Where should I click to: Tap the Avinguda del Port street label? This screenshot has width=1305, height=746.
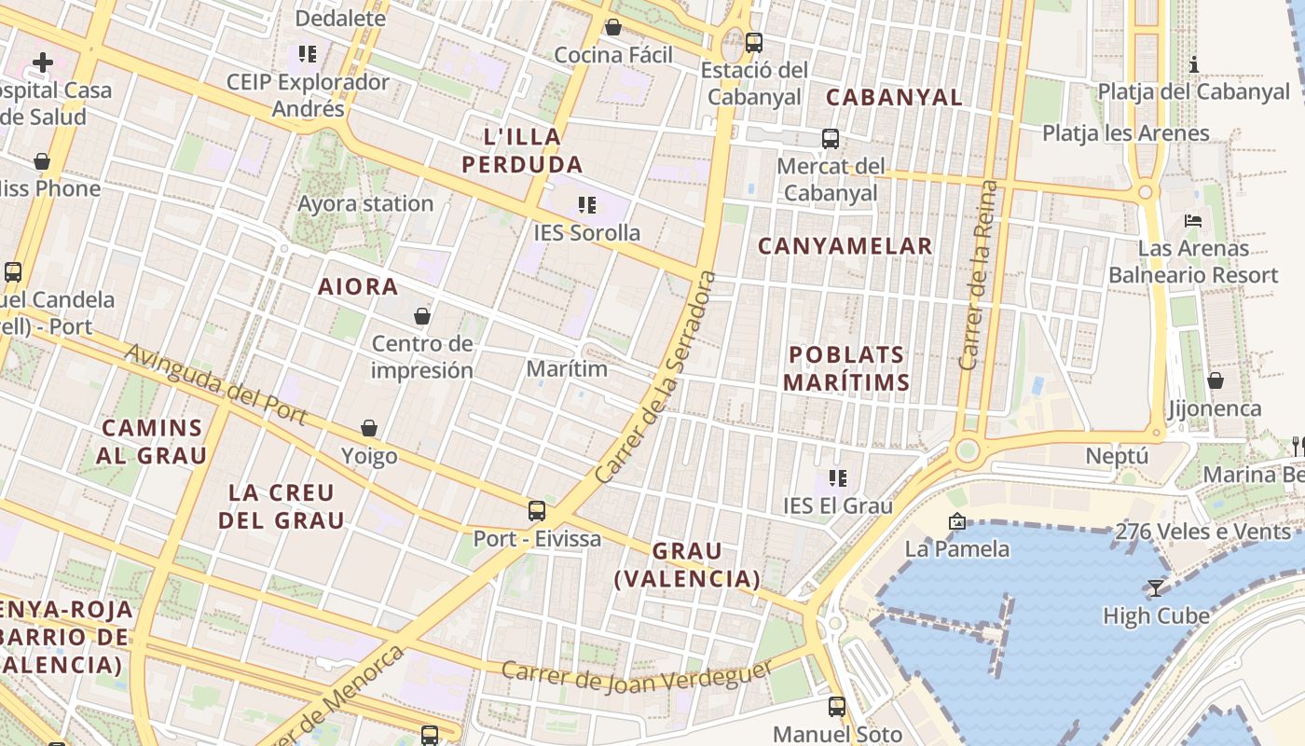(x=215, y=384)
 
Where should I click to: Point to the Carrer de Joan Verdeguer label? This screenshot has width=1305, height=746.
(x=638, y=676)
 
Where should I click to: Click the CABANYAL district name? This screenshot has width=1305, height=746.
(x=894, y=97)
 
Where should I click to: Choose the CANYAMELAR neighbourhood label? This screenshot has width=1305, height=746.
(x=845, y=246)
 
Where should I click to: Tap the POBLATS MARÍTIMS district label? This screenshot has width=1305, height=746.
(x=846, y=368)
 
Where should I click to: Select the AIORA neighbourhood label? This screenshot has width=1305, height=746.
(x=358, y=286)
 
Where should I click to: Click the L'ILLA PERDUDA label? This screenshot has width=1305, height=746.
(x=522, y=151)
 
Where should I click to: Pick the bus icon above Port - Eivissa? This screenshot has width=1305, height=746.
(x=537, y=510)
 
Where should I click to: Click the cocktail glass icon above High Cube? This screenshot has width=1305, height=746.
(x=1156, y=587)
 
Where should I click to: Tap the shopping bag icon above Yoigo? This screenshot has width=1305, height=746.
(x=369, y=428)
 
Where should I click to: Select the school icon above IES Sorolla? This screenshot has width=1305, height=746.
(x=586, y=204)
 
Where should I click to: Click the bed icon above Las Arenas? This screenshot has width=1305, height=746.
(x=1193, y=221)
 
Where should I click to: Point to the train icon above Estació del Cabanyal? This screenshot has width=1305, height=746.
(x=754, y=42)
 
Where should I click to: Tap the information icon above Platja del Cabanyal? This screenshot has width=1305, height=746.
(x=1194, y=64)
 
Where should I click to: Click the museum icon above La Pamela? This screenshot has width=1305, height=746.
(x=956, y=521)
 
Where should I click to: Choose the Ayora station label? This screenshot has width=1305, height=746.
(x=365, y=203)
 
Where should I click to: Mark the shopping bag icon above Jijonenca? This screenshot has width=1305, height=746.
(x=1216, y=380)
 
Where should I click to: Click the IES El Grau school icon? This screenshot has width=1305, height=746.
(x=838, y=478)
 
